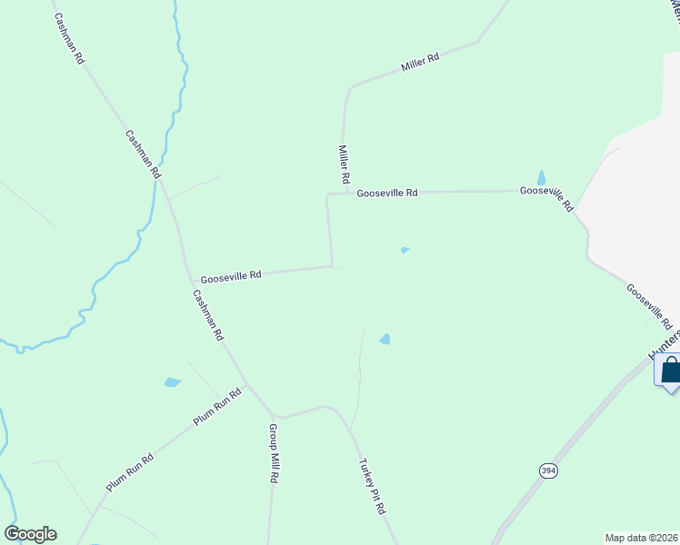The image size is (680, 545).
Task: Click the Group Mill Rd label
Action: [x=274, y=451]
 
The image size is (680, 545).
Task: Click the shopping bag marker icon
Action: [x=670, y=371]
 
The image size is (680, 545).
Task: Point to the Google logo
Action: [x=30, y=534]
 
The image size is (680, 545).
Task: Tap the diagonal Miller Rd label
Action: [x=420, y=63]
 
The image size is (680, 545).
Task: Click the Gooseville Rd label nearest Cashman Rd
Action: [x=231, y=273]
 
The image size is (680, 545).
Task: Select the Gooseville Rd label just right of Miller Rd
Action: [x=386, y=193]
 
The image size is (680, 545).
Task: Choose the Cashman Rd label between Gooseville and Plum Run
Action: [x=207, y=314]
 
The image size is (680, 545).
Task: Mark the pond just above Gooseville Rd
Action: [x=542, y=178]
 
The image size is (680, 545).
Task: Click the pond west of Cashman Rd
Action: [x=173, y=382]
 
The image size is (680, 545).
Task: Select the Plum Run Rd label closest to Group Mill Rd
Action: [x=217, y=406]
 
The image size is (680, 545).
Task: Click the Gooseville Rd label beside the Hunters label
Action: [x=648, y=305]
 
